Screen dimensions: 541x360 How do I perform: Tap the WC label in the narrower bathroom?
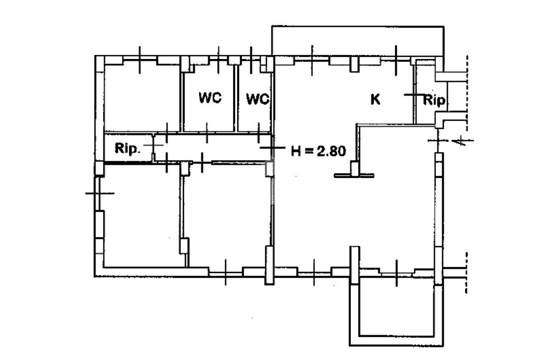[257, 99]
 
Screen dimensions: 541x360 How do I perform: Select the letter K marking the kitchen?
[375, 99]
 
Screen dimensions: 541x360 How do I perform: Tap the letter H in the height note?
[296, 151]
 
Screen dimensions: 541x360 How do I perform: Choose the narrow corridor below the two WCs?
[211, 148]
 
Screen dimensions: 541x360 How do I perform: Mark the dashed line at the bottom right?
[466, 272]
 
